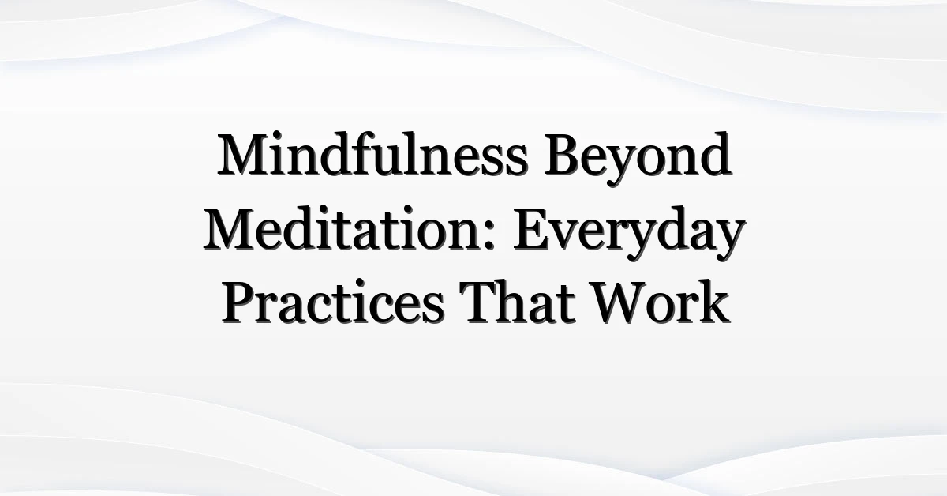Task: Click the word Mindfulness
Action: click(x=372, y=154)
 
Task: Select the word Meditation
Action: click(x=348, y=228)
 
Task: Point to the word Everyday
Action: click(x=629, y=234)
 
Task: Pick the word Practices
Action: click(x=332, y=302)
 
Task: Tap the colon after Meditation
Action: click(x=488, y=238)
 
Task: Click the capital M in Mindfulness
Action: click(x=245, y=155)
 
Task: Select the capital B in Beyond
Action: click(x=563, y=155)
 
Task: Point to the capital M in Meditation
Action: click(x=232, y=228)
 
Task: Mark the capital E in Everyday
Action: click(x=532, y=228)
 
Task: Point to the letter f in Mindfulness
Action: click(x=360, y=153)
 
